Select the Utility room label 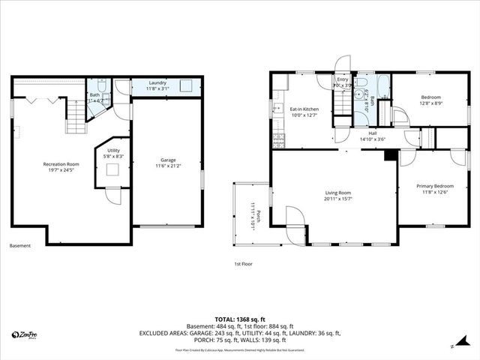(x=113, y=150)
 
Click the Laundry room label (x=157, y=82)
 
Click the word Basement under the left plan (x=20, y=246)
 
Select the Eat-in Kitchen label (x=304, y=109)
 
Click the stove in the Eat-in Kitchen (x=278, y=139)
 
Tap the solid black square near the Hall (x=388, y=156)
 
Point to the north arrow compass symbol (x=452, y=346)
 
